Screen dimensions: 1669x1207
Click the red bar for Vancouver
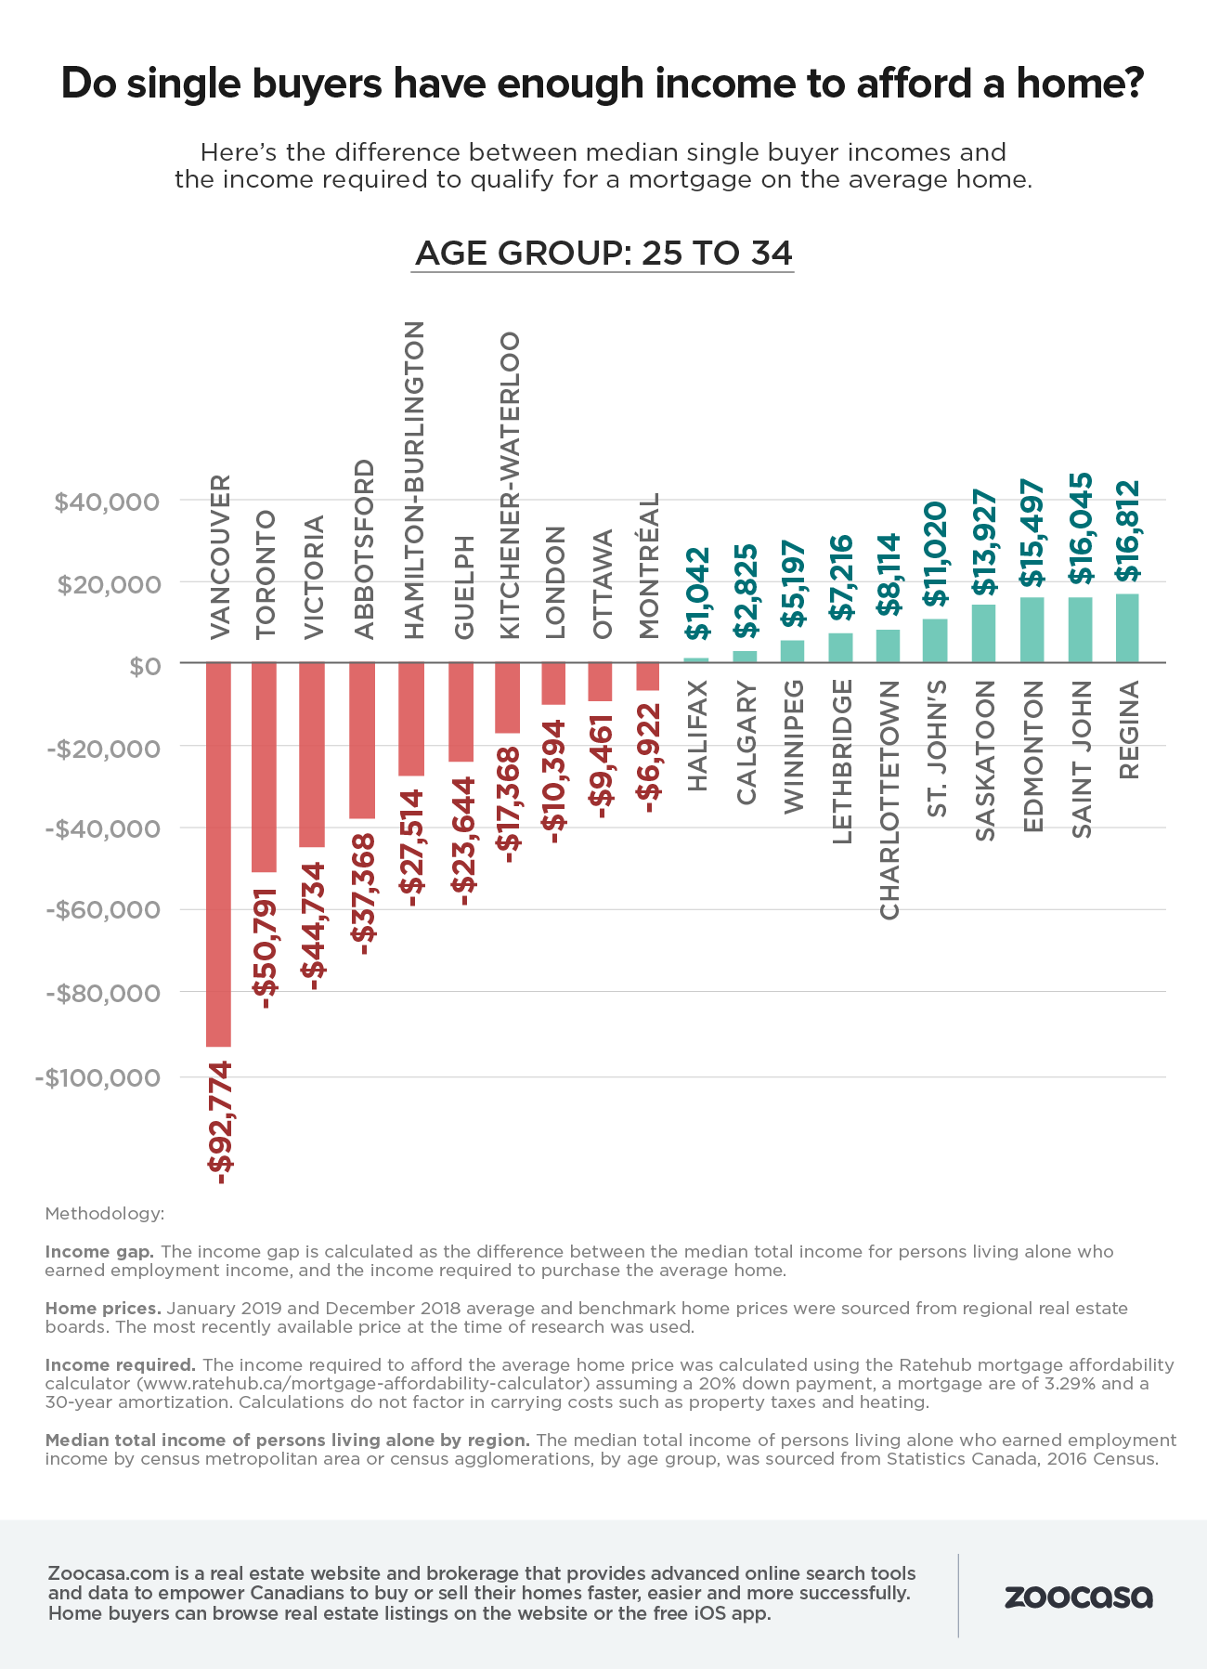coord(218,854)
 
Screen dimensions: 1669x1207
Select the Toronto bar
coord(265,767)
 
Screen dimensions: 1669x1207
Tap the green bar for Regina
coord(1127,628)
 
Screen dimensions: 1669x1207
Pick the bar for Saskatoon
coord(983,633)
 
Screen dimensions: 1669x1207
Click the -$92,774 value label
coord(220,1122)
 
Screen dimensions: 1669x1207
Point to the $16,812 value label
coord(1127,530)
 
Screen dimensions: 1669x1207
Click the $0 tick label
coord(146,666)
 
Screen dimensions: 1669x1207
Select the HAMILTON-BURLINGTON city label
coord(414,480)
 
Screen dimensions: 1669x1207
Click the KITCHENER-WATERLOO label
coord(509,486)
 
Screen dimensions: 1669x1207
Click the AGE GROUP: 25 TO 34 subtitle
coord(603,254)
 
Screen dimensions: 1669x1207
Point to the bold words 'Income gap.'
coord(100,1251)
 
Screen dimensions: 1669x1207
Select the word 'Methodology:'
coord(104,1213)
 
